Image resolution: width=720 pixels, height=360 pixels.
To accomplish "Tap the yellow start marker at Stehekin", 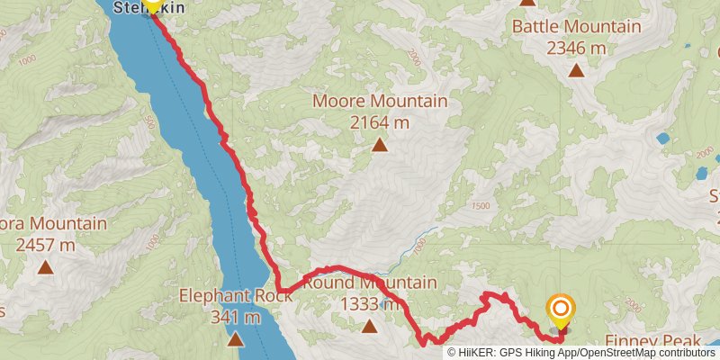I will (x=152, y=4).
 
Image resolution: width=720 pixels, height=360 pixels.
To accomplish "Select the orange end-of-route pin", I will (x=561, y=311).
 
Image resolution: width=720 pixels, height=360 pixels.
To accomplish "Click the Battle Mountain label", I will (x=577, y=26).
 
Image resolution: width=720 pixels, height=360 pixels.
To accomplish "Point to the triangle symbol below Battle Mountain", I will (x=575, y=70).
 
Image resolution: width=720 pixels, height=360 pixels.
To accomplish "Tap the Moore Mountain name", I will (x=380, y=101).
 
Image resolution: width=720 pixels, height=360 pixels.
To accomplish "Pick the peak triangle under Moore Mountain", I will (x=380, y=144).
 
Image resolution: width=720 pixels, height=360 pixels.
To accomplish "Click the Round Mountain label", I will (x=370, y=283).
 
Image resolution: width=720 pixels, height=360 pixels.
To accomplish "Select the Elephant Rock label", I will (x=232, y=295).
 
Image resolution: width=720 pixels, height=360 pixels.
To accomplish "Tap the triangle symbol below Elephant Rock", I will (x=235, y=339).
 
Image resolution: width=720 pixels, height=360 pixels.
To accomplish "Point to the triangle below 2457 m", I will (x=45, y=266).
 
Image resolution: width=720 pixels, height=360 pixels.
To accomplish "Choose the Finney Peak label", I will (x=652, y=342).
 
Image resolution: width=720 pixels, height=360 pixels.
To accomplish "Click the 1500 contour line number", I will (x=480, y=206).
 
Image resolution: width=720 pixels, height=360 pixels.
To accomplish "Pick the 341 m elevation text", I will (x=232, y=316).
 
